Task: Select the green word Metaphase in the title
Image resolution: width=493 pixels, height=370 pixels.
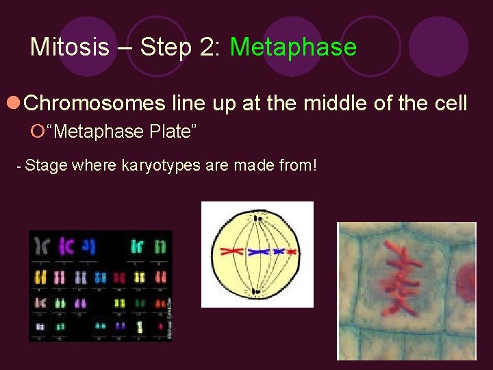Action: click(x=293, y=47)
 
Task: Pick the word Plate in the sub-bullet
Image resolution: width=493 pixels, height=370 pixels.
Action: click(x=170, y=131)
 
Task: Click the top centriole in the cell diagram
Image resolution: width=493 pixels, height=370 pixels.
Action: click(x=257, y=218)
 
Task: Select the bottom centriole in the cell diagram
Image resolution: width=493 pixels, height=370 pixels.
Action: click(x=256, y=292)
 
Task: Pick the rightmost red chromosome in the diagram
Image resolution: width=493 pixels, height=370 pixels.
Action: click(x=287, y=252)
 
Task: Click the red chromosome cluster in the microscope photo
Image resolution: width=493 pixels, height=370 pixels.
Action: click(x=399, y=280)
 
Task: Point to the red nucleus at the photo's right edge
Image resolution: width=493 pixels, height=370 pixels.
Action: click(x=467, y=280)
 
